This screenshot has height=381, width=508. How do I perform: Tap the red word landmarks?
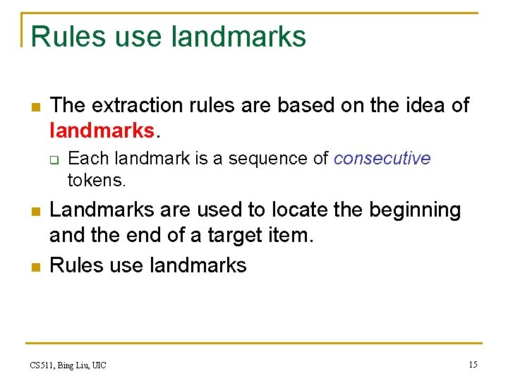[x=101, y=130]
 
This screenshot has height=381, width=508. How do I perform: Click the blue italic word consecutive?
[x=382, y=158]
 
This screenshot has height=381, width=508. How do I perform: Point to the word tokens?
[x=97, y=181]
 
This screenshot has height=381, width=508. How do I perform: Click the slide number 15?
[x=473, y=365]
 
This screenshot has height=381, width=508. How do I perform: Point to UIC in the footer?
[x=98, y=365]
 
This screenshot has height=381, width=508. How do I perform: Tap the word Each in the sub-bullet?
[x=86, y=158]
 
